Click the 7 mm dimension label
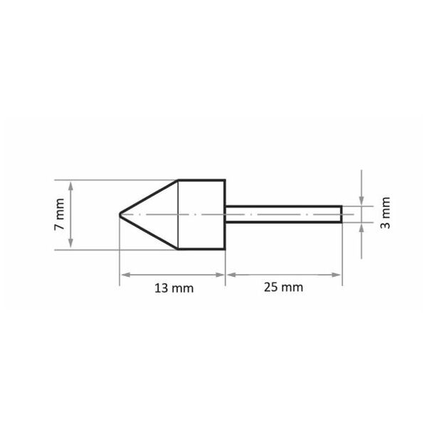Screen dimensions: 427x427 [x=60, y=215]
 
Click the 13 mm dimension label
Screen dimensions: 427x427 [x=174, y=288]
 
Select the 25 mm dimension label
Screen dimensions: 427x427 [x=283, y=288]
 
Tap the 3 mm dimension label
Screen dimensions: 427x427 [x=386, y=213]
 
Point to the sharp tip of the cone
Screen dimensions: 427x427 [x=120, y=214]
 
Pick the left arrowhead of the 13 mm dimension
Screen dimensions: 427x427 [x=125, y=275]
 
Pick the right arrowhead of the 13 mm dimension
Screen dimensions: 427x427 [x=220, y=275]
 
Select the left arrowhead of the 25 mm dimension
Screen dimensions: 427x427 [x=231, y=275]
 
